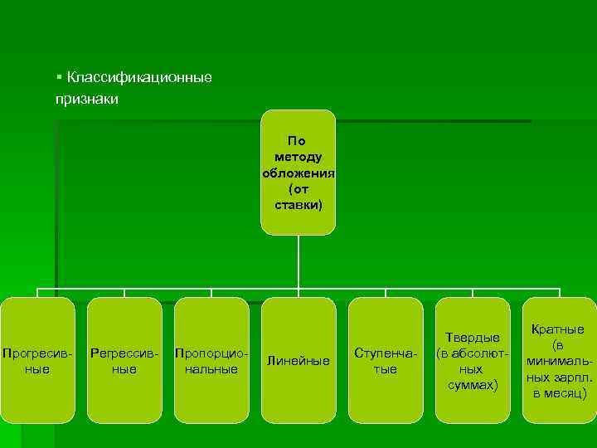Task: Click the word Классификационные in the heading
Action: [139, 77]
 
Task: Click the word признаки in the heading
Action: [87, 99]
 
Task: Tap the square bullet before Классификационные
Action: [60, 76]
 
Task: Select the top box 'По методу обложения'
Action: [298, 172]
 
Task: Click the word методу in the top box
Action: [298, 157]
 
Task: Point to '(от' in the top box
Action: [298, 188]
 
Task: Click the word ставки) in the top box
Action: [298, 204]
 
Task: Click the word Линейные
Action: [298, 361]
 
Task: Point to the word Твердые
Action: [473, 338]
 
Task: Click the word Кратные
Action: [559, 329]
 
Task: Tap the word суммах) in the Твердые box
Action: [473, 385]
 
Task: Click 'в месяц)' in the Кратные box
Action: [559, 392]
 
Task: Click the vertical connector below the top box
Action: [298, 261]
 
